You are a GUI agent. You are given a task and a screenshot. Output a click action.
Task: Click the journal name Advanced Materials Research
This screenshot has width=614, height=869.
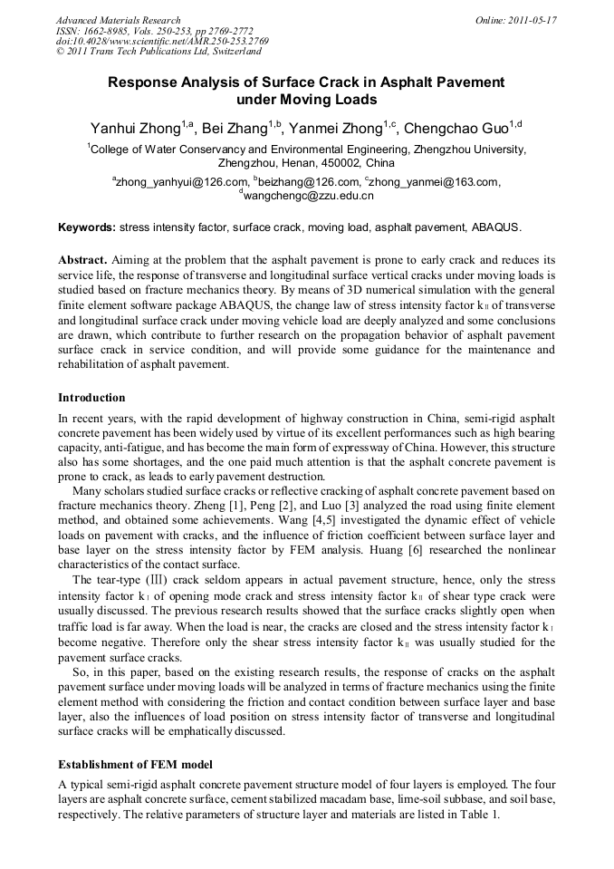(118, 20)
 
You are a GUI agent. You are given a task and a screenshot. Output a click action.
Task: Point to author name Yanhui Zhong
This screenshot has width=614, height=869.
(135, 128)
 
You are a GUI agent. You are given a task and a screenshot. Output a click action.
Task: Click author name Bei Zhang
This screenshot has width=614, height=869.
(240, 128)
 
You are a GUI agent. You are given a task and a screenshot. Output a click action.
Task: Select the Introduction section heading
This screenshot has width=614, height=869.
(91, 397)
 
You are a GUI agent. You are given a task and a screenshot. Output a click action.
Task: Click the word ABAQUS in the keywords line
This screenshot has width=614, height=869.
(495, 227)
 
